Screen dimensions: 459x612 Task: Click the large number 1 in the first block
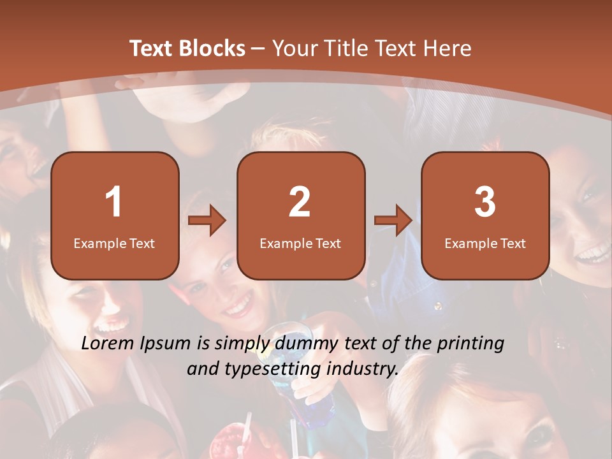coord(114,202)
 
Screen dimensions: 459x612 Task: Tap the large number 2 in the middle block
coord(300,202)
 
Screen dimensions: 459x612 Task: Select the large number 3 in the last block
coord(485,202)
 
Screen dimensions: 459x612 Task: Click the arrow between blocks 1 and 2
coord(208,221)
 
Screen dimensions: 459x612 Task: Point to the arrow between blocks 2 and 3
coord(393,221)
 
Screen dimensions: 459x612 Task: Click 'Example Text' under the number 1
coord(114,243)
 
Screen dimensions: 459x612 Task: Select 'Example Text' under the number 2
coord(300,243)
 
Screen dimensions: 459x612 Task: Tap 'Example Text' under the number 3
coord(485,243)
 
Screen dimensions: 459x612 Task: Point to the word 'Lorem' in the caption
coord(108,344)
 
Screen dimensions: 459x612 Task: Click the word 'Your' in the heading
coord(293,48)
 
